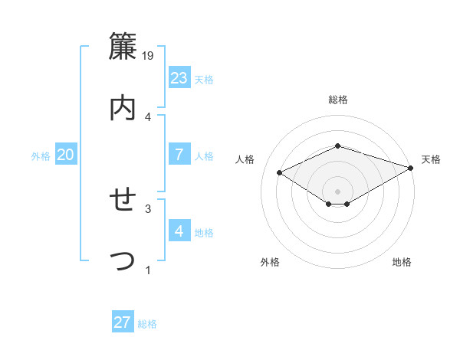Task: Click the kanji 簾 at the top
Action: [x=123, y=47]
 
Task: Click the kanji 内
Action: [x=123, y=107]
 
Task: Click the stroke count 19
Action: [x=148, y=56]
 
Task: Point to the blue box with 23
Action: [x=179, y=77]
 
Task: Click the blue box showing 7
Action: [x=179, y=154]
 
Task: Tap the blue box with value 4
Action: [x=179, y=231]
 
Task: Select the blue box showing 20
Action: [x=65, y=155]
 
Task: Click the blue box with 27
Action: [x=122, y=322]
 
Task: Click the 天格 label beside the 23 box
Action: [x=204, y=79]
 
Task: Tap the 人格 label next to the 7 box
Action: [x=204, y=155]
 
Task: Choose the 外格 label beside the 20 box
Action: [x=41, y=155]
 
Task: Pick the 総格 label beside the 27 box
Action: [x=147, y=324]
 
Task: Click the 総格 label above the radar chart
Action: [x=337, y=100]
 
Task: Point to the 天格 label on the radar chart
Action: [x=431, y=159]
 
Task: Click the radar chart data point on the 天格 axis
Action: [x=412, y=167]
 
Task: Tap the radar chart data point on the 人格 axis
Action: [x=279, y=172]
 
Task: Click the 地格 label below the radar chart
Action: [x=402, y=262]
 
